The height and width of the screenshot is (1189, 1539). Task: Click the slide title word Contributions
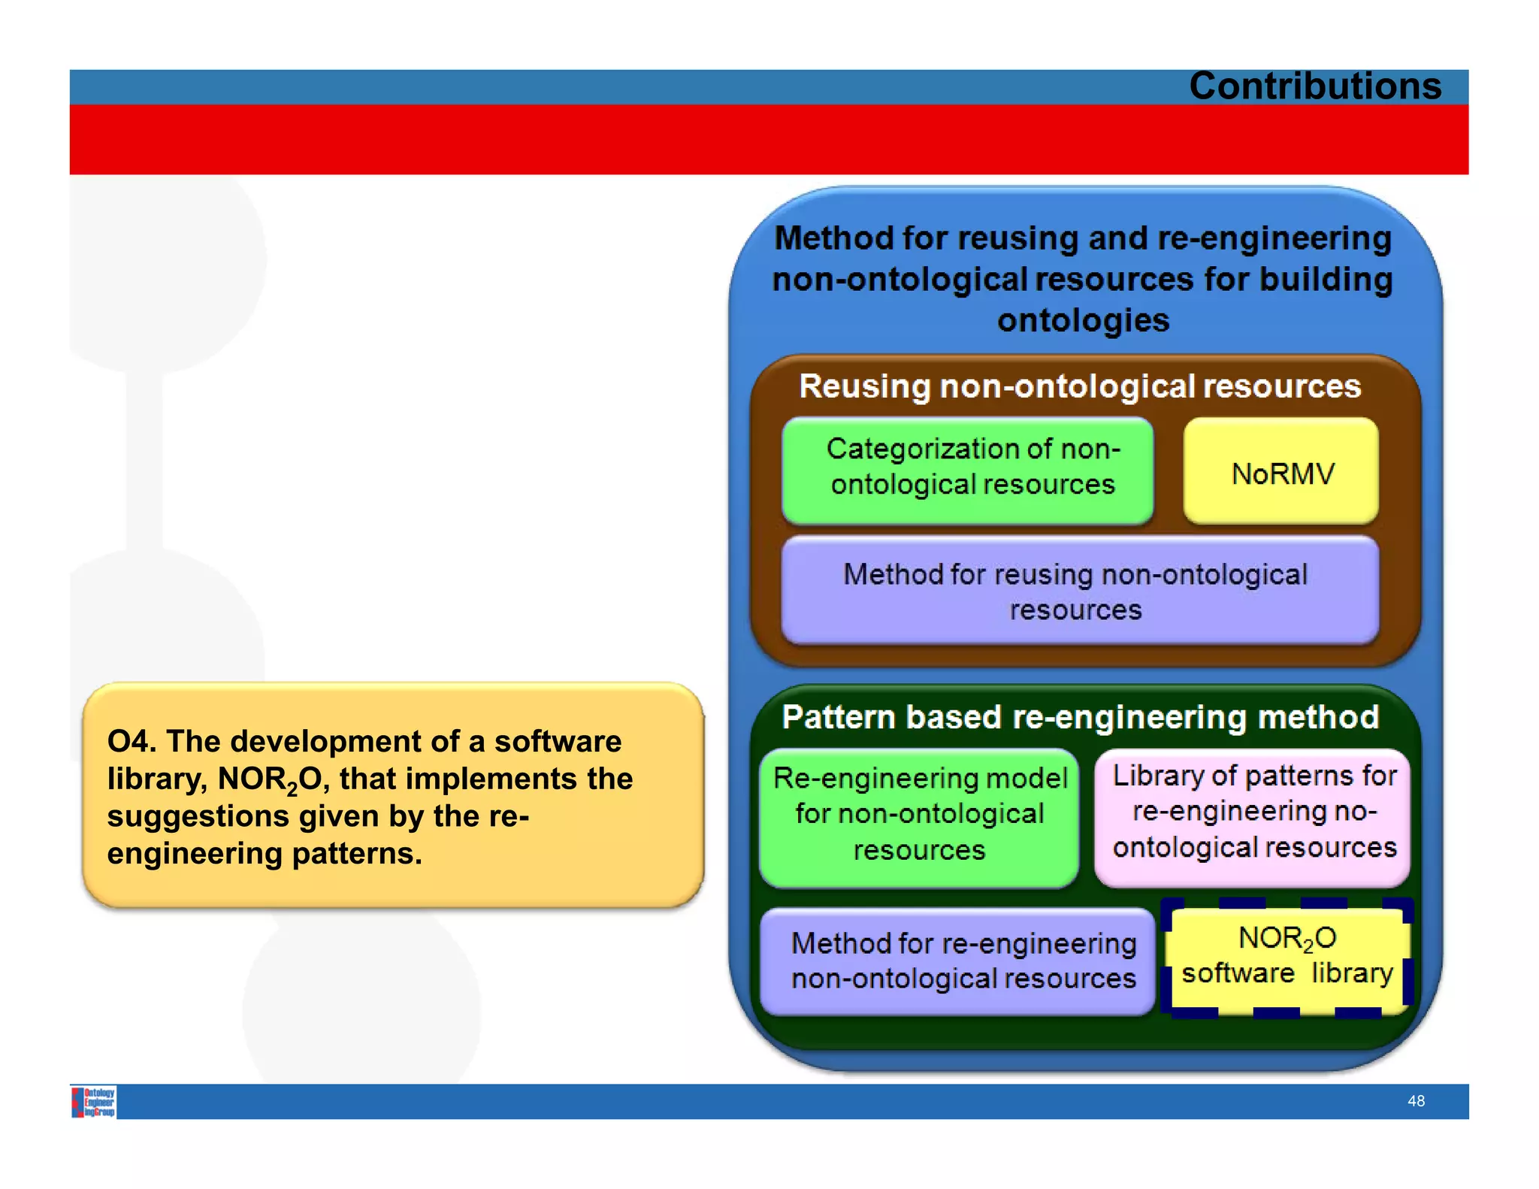pyautogui.click(x=1314, y=86)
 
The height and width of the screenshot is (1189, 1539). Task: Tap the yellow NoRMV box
pyautogui.click(x=1281, y=472)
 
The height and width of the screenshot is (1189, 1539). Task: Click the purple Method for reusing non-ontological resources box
pyautogui.click(x=1079, y=591)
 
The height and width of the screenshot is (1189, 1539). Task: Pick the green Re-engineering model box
pyautogui.click(x=918, y=816)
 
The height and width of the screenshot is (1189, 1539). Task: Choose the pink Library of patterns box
pyautogui.click(x=1253, y=815)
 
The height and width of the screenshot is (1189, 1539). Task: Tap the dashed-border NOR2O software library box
pyautogui.click(x=1287, y=957)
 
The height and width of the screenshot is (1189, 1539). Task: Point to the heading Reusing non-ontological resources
pyautogui.click(x=1079, y=386)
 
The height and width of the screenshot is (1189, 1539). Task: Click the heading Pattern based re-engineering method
pyautogui.click(x=1079, y=717)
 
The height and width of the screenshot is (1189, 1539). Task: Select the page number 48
pyautogui.click(x=1416, y=1101)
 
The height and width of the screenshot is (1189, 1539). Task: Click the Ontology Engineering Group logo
pyautogui.click(x=94, y=1102)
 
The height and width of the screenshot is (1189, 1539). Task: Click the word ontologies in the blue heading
pyautogui.click(x=1083, y=320)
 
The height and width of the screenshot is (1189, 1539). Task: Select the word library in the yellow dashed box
pyautogui.click(x=1352, y=973)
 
